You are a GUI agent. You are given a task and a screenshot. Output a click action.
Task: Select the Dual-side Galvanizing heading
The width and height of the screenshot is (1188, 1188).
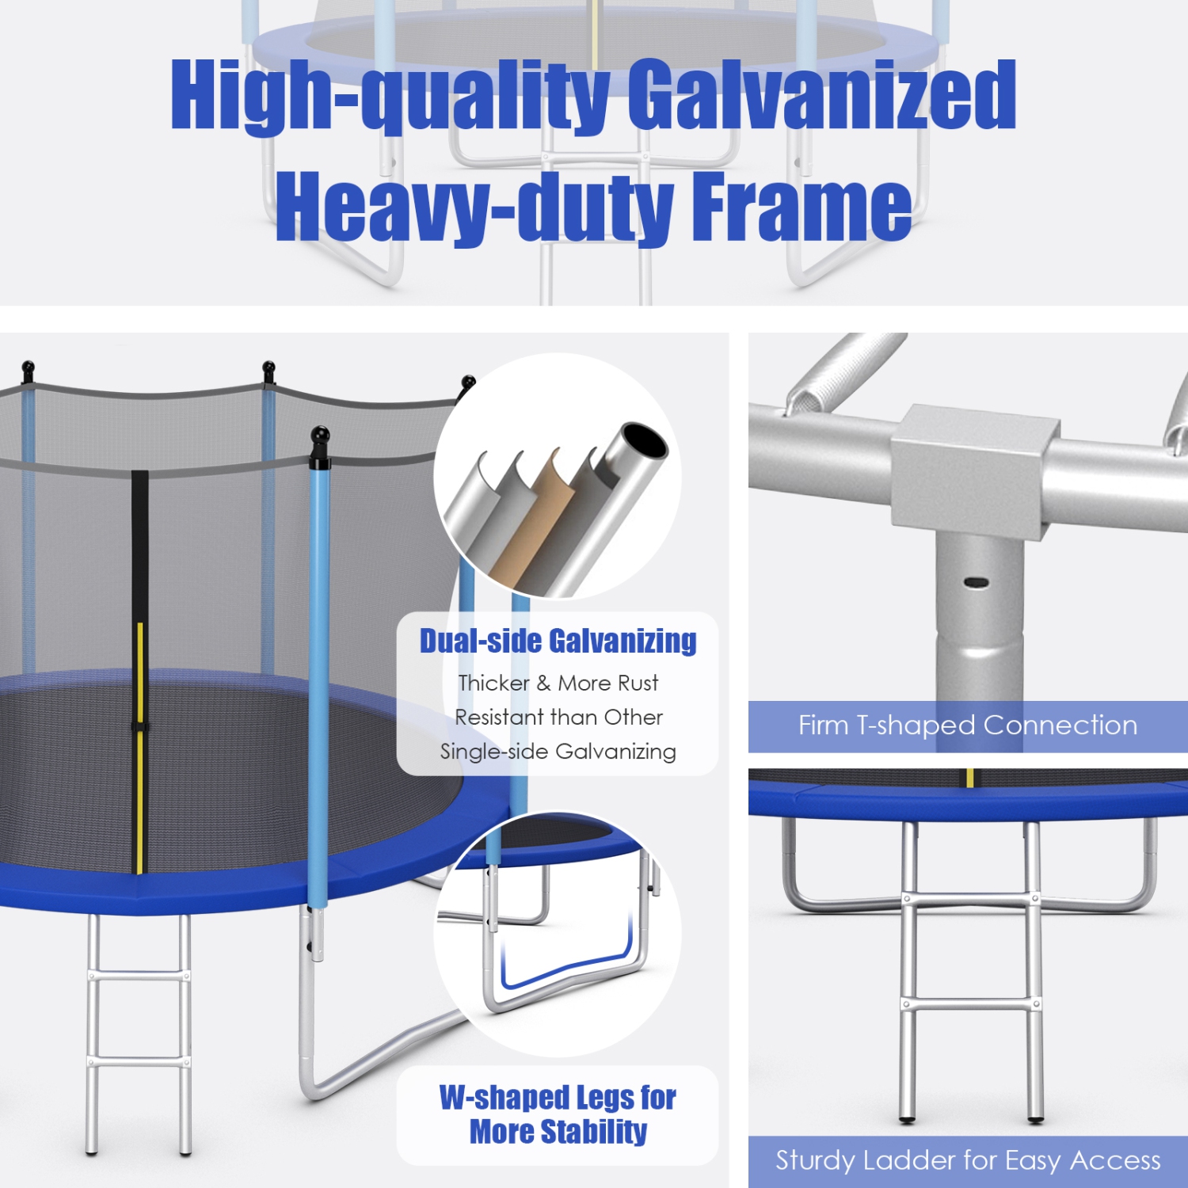coord(558,641)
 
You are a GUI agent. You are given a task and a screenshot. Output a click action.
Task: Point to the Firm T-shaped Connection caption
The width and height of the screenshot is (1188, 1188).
coord(967,725)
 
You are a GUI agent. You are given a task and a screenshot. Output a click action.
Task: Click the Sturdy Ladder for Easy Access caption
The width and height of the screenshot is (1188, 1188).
coord(967,1161)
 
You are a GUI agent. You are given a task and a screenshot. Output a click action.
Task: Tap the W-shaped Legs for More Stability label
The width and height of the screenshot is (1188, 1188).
coord(558,1115)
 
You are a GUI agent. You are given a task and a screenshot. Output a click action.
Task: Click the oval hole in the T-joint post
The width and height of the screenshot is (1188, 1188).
coord(976,583)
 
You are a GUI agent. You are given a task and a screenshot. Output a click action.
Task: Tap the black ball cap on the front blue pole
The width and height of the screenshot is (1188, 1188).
coord(319,436)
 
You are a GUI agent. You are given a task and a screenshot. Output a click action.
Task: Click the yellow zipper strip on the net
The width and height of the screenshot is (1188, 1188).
coord(140,744)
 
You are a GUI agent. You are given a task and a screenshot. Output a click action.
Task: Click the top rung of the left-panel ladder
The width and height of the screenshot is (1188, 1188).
coord(139,976)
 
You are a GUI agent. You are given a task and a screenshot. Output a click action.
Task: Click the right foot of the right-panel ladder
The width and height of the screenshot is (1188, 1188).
coord(1035,1118)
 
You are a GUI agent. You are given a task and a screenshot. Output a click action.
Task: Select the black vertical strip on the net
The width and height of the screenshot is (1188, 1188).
coord(139,546)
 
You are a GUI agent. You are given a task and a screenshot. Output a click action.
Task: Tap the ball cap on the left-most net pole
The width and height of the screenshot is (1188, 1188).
coord(28,368)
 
